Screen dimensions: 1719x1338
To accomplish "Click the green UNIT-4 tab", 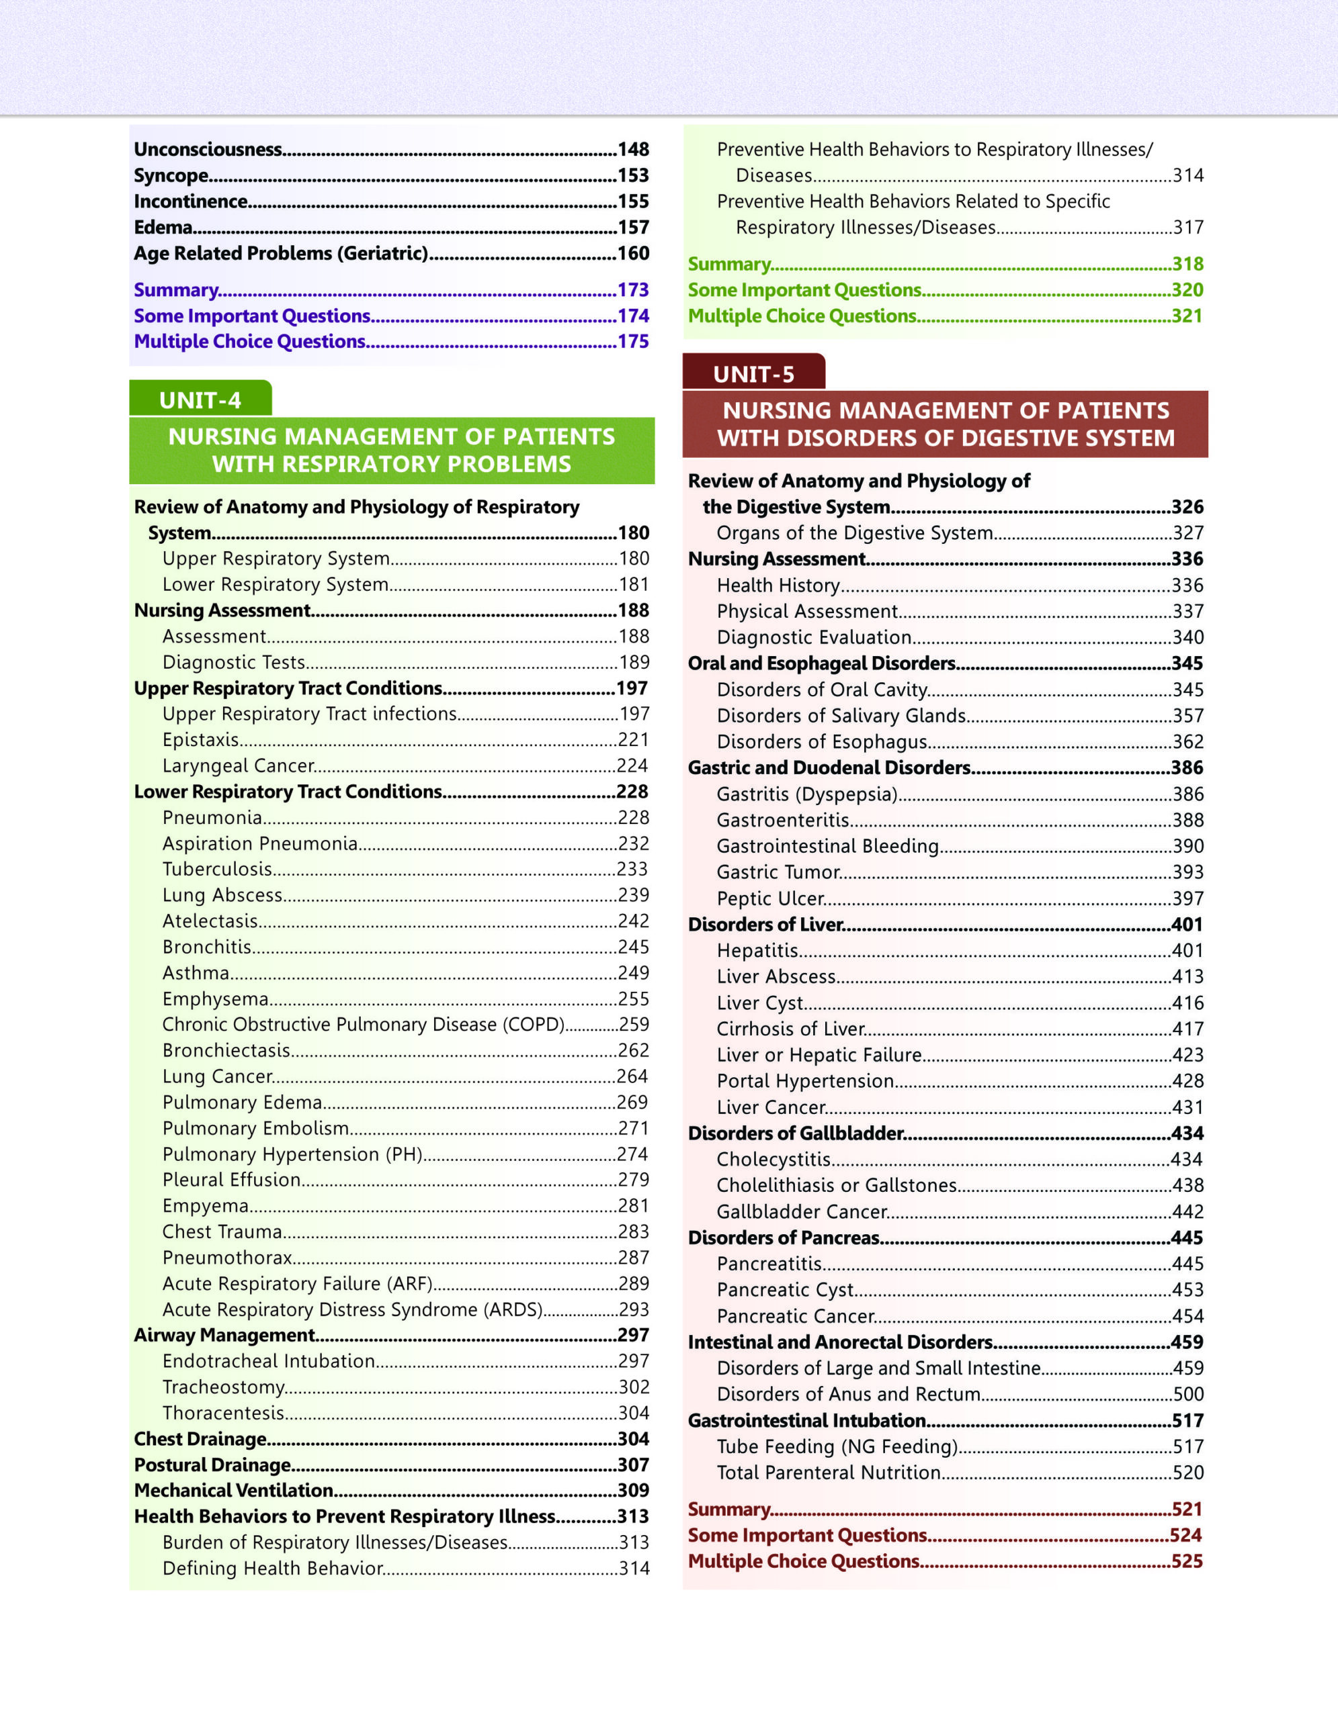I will click(200, 400).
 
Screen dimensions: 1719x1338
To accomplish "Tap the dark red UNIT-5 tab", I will click(753, 373).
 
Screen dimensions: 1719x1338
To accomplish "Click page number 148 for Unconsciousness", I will click(633, 150).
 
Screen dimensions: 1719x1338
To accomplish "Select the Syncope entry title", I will click(171, 175).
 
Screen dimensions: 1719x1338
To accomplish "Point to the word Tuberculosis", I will click(217, 869).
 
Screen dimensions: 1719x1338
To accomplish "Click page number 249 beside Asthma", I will click(633, 973).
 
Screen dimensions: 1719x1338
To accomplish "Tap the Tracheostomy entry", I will click(224, 1387).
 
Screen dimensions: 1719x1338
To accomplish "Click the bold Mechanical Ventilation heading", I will click(233, 1491).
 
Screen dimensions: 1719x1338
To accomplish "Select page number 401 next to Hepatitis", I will click(1187, 951).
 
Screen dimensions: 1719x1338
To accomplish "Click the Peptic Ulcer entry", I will click(770, 898).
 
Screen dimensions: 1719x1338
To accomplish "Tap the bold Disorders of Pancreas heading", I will click(784, 1238).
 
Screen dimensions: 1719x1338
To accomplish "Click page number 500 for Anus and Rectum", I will click(1187, 1394).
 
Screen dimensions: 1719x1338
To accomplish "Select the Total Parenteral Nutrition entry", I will click(829, 1473).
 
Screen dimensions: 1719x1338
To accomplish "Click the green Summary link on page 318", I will click(729, 265).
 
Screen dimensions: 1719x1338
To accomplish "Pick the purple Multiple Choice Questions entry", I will click(249, 342).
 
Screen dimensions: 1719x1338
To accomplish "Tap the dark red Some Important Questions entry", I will click(807, 1536).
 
